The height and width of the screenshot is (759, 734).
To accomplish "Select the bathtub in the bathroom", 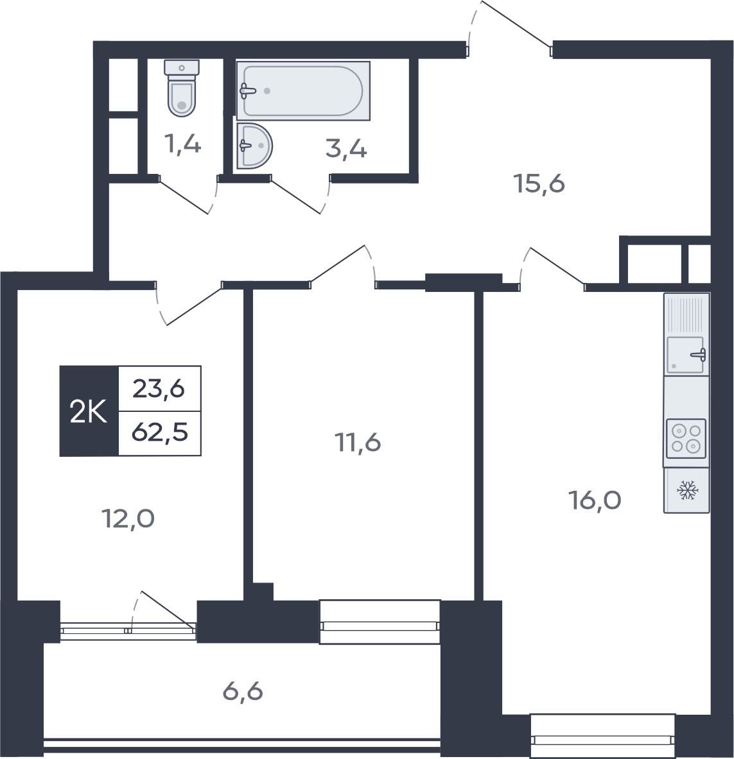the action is click(x=303, y=90).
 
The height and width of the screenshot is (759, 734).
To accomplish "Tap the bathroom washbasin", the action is click(x=254, y=146).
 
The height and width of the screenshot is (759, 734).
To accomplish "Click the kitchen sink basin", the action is click(x=686, y=355).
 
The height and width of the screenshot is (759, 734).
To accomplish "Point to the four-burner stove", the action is click(x=686, y=438).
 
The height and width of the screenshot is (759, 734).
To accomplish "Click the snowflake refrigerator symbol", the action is click(x=688, y=490).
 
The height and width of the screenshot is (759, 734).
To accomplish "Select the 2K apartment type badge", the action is click(x=89, y=411).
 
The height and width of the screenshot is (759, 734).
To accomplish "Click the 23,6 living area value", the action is click(x=159, y=388).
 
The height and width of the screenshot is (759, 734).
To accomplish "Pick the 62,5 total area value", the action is click(x=160, y=432).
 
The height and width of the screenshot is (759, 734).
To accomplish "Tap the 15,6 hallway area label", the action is click(x=539, y=184).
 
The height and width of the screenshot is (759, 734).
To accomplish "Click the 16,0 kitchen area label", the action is click(x=595, y=500).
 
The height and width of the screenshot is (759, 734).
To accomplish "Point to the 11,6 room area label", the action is click(x=358, y=443).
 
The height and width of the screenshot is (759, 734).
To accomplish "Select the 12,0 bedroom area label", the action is click(x=128, y=518).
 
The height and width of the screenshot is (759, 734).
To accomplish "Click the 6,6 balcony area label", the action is click(x=243, y=691).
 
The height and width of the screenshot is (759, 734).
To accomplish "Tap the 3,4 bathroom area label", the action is click(x=346, y=149).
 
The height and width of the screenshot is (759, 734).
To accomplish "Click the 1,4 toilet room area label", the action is click(x=182, y=144).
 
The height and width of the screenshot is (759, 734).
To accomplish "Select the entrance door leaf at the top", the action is click(x=516, y=24).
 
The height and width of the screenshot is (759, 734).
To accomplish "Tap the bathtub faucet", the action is click(x=248, y=90).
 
